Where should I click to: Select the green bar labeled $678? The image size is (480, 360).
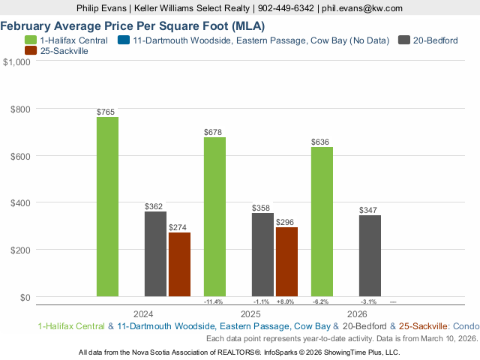(214, 217)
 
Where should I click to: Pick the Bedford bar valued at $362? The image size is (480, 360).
(155, 254)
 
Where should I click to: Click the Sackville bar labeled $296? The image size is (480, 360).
(286, 262)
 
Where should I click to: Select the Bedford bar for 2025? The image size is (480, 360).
(262, 255)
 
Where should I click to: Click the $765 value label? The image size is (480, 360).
(106, 112)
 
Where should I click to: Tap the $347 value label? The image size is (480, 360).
(369, 210)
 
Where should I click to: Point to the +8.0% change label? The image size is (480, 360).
(286, 301)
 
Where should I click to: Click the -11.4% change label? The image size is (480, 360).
(214, 301)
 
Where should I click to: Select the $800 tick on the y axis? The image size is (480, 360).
(20, 109)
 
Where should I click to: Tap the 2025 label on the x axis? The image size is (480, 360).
(250, 313)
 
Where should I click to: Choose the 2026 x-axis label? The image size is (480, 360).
(357, 313)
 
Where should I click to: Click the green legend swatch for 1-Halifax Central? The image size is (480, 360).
(31, 40)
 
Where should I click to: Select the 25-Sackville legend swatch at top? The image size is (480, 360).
(31, 51)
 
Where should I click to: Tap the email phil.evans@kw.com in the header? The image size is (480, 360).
(361, 7)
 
